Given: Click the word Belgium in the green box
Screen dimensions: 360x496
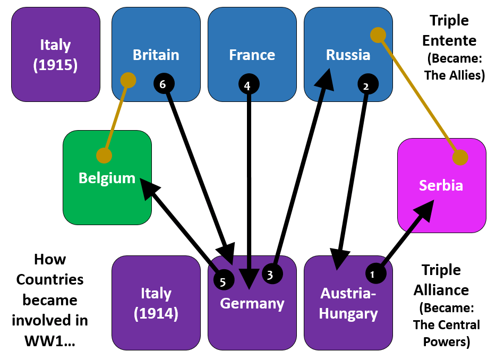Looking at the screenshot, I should tap(107, 178).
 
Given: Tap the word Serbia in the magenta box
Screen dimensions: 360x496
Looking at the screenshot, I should tap(441, 185).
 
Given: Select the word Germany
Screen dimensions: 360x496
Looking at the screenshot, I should tap(252, 304).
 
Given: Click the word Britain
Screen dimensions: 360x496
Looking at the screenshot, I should tap(156, 55).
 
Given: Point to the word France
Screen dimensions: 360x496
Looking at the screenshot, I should tap(252, 55).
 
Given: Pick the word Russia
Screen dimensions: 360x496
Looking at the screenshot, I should tap(348, 55).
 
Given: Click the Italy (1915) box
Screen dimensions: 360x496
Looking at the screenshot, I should tap(55, 55).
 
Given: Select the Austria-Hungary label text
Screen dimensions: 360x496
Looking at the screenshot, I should tap(348, 303).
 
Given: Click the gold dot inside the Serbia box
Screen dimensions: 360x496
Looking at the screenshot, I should tap(460, 157).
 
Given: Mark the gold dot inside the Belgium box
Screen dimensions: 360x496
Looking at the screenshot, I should tap(104, 156).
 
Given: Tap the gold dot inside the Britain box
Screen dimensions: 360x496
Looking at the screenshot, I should tap(128, 80).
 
